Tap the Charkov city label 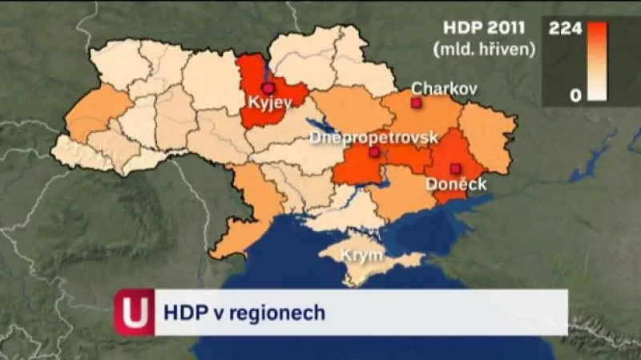click(443, 88)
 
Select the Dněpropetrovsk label click(373, 137)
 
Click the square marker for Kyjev click(268, 87)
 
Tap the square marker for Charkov click(415, 103)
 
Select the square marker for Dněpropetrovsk click(373, 152)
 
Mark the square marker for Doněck click(455, 168)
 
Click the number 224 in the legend click(564, 28)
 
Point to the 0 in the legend click(574, 95)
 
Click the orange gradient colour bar click(597, 61)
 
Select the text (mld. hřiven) click(484, 49)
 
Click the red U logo click(134, 312)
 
